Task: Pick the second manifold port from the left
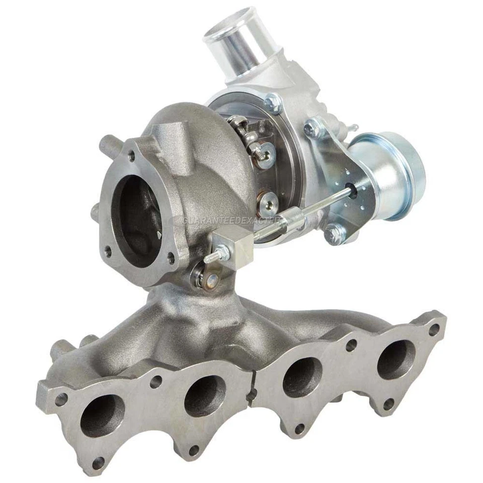(x=204, y=395)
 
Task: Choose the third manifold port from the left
(x=302, y=377)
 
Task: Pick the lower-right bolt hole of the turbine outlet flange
(x=172, y=259)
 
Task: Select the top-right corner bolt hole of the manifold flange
(x=433, y=330)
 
